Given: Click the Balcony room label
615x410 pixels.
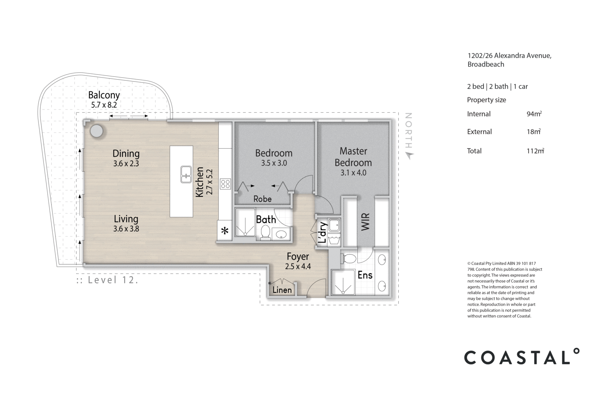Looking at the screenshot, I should coord(104,95).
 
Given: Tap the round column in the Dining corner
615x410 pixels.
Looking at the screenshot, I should coord(96,131).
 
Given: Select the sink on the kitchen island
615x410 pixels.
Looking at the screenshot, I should coord(186,174).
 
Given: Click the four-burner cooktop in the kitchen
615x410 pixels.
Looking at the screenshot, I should coord(225,184).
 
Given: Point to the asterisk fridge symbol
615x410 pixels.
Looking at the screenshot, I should coord(225,231).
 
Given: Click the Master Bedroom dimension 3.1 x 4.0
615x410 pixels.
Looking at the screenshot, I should coord(353,173).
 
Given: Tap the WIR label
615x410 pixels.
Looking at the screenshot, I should coord(365,222).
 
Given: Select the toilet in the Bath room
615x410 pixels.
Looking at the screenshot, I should coord(265,232).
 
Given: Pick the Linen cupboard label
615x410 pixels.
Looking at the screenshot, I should coord(282,290).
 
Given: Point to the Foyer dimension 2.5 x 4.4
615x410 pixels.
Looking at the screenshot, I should coord(298,266).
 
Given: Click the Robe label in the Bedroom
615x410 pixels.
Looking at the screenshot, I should coord(263,199).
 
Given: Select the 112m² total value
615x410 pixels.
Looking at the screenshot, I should coord(535,151).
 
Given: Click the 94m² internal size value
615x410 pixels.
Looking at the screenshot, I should coord(534,114).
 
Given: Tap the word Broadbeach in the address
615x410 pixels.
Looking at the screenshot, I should coord(485,65).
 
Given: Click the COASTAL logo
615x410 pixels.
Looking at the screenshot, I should coord(522,357).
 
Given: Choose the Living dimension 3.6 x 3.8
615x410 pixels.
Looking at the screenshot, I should coord(126,229).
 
